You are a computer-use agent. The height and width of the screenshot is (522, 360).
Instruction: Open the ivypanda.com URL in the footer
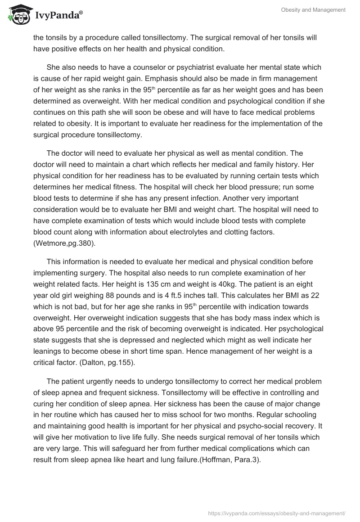pyautogui.click(x=277, y=513)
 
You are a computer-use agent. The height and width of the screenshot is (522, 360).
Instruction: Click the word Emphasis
pyautogui.click(x=177, y=78)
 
